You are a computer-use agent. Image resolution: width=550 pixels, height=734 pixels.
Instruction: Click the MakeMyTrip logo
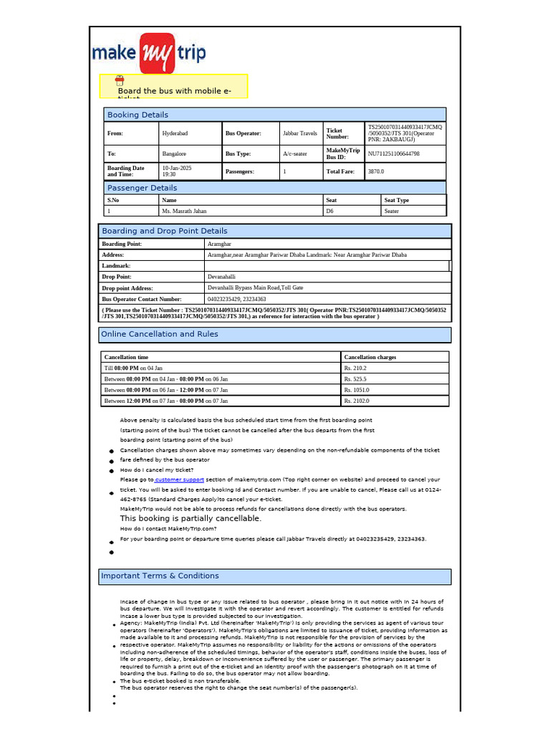coord(149,53)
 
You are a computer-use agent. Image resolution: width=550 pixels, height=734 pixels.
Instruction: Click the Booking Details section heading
coord(137,115)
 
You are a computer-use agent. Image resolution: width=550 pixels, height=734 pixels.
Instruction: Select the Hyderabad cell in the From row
coord(176,133)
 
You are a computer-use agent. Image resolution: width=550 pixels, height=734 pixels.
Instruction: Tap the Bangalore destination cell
coord(175,153)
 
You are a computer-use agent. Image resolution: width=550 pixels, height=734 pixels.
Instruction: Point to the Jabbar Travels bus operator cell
coord(300,133)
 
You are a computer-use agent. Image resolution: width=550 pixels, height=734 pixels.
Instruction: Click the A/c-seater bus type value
coord(295,153)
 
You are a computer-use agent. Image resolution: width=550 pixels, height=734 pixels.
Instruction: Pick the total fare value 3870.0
coord(376,172)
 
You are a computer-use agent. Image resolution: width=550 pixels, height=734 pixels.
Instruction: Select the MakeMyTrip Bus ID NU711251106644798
coord(394,153)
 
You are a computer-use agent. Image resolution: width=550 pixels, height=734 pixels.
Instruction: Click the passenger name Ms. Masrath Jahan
coord(184,211)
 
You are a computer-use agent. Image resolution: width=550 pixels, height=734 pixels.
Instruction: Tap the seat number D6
coord(330,211)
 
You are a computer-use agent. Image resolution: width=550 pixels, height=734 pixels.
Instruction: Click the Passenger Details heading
coord(142,188)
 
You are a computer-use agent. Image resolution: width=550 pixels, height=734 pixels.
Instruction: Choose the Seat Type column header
coord(397,200)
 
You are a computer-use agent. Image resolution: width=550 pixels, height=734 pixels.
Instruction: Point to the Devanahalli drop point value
coord(221,276)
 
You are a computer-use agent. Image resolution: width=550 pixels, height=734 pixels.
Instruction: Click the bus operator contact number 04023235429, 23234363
coord(236,299)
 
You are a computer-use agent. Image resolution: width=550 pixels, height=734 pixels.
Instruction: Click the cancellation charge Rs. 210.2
coord(357,368)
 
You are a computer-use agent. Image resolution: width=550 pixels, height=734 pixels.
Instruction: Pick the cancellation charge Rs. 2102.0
coord(357,401)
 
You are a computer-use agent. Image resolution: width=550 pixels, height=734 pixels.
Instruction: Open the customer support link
coord(179,480)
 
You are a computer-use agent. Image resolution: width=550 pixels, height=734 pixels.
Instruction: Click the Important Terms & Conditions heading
coord(160,576)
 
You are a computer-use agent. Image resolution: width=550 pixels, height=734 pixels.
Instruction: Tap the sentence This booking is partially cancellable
coord(190,518)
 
